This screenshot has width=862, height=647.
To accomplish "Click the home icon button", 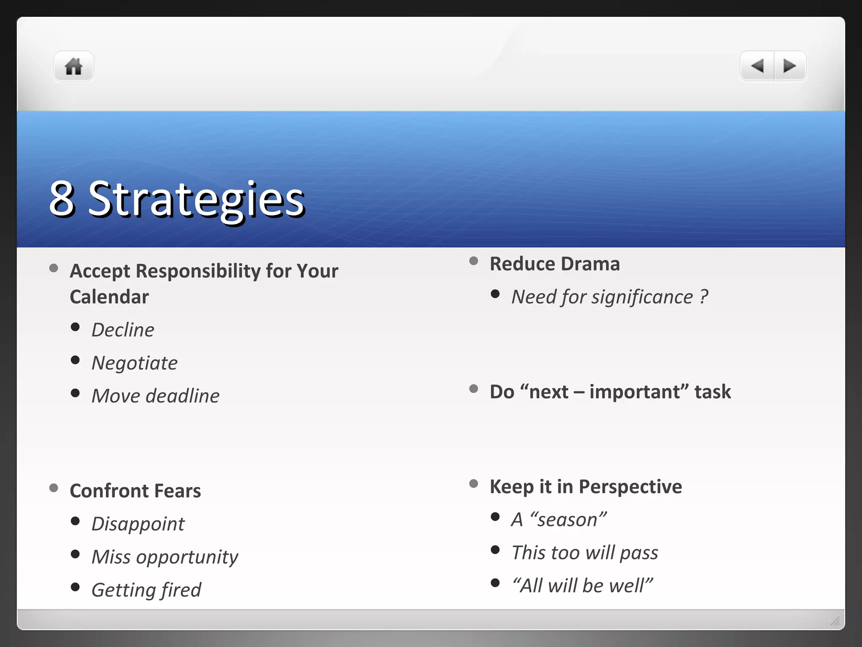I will (73, 67).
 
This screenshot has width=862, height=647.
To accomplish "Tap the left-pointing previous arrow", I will (757, 66).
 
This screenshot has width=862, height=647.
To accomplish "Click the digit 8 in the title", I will (62, 198).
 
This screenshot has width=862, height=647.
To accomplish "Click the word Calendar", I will (109, 297).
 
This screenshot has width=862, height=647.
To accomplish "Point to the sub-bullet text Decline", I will (123, 330).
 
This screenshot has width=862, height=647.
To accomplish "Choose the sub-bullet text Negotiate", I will (135, 363).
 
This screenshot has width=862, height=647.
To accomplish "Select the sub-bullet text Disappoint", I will (138, 524).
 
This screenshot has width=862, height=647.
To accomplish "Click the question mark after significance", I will (704, 297).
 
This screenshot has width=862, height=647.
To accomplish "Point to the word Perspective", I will (630, 487).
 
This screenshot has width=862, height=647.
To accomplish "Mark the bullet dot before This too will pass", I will (495, 550).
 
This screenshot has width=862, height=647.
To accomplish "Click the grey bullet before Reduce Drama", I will (474, 261).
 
